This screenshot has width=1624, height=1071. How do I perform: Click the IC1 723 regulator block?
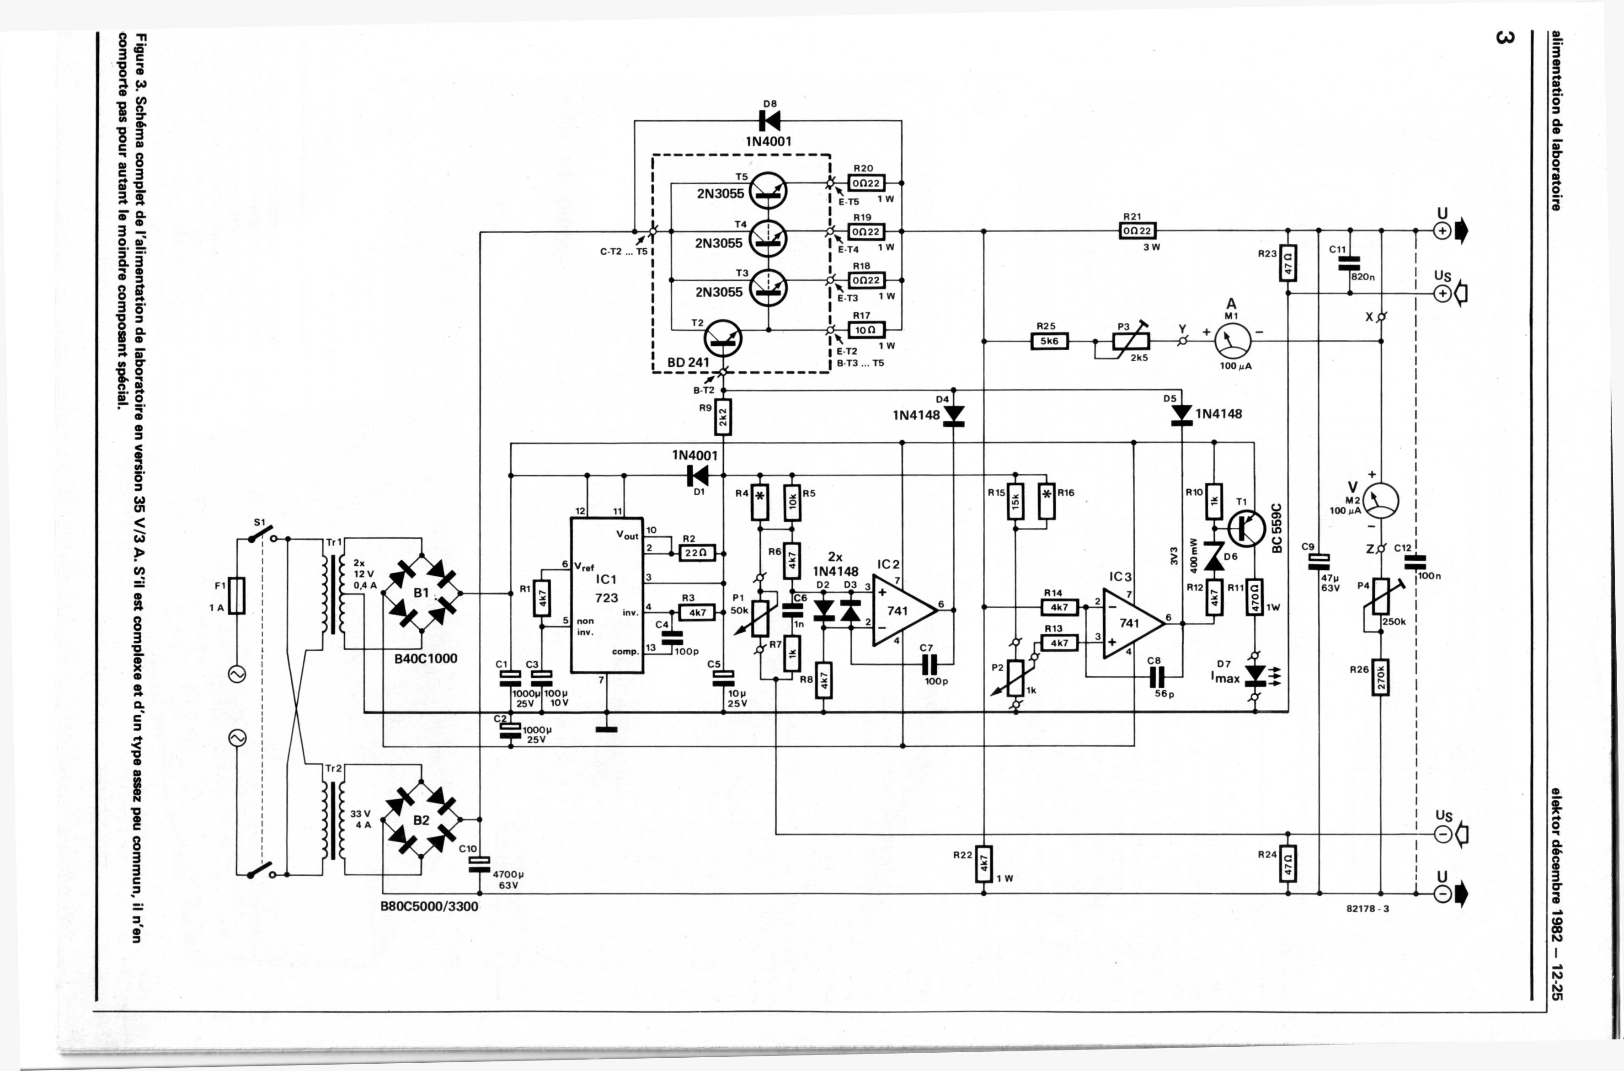point(606,594)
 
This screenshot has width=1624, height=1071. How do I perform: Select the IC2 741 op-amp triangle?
point(901,610)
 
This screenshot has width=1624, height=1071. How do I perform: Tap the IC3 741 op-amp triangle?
point(1130,623)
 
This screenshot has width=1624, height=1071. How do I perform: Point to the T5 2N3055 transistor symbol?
point(768,191)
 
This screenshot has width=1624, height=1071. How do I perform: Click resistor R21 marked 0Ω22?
point(1137,231)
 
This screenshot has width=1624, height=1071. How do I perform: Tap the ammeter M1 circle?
point(1233,341)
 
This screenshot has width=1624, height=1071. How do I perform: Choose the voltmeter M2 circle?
point(1380,501)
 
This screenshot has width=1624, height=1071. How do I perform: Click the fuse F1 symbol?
point(237,595)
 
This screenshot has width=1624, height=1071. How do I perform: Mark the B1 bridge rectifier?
point(422,593)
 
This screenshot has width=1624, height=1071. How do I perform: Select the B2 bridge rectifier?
point(422,819)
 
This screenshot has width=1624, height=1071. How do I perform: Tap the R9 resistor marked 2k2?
point(723,418)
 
